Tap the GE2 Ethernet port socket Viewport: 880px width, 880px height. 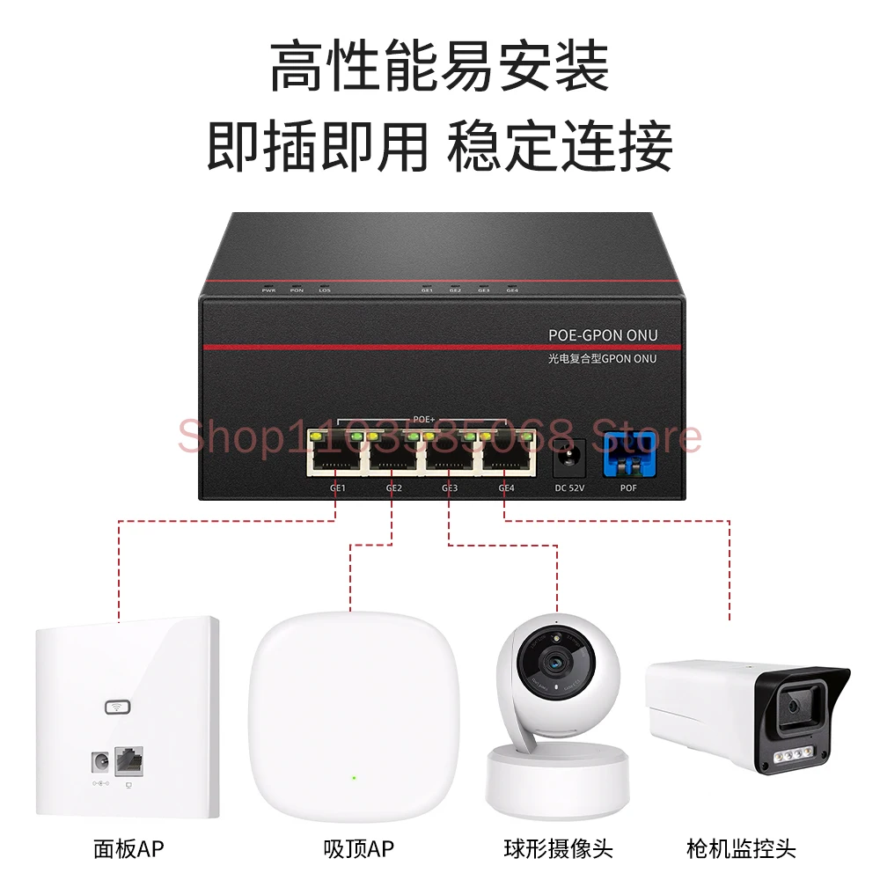pyautogui.click(x=393, y=452)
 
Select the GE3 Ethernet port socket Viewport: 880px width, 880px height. pyautogui.click(x=450, y=452)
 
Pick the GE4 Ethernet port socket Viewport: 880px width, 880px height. pyautogui.click(x=506, y=452)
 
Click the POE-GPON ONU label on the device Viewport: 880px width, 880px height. pyautogui.click(x=603, y=334)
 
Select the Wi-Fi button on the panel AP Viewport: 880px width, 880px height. pyautogui.click(x=116, y=707)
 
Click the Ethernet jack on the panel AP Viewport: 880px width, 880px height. pyautogui.click(x=129, y=759)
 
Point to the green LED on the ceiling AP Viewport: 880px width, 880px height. pyautogui.click(x=354, y=778)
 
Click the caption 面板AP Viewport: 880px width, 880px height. pyautogui.click(x=128, y=849)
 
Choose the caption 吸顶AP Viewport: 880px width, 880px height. pyautogui.click(x=357, y=849)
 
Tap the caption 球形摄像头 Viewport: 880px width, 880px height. pyautogui.click(x=558, y=849)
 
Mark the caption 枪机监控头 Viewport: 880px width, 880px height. pyautogui.click(x=741, y=849)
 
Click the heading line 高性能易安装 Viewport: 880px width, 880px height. pyautogui.click(x=439, y=67)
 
